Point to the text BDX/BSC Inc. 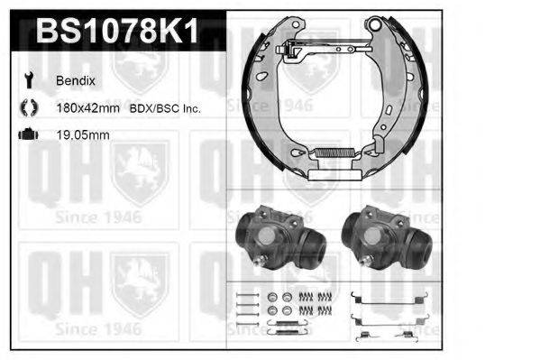click(168, 108)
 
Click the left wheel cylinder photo click(279, 239)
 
